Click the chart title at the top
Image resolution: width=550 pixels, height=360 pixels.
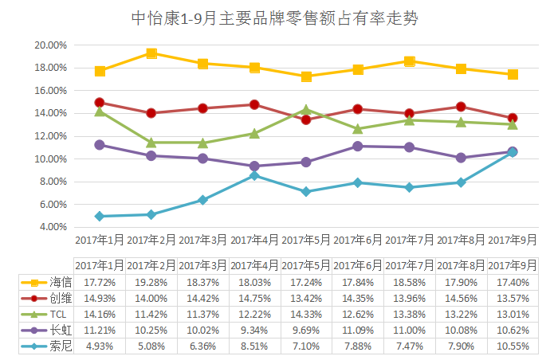tap(274, 17)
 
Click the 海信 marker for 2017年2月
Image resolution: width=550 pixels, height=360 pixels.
tap(151, 53)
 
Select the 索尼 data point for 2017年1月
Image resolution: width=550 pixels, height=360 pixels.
tap(100, 216)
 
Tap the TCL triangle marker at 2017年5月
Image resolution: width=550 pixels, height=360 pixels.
tap(306, 109)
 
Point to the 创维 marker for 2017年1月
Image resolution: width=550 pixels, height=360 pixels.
tap(100, 103)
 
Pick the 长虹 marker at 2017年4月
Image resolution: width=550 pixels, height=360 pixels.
tap(254, 166)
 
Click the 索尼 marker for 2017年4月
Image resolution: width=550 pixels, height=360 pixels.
tap(254, 175)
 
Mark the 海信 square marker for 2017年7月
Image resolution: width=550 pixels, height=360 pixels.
tap(410, 61)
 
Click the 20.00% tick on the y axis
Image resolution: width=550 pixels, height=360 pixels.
tap(50, 45)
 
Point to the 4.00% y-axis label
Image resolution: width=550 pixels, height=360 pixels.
tap(53, 227)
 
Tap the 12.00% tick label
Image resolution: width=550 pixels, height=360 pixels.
tap(50, 136)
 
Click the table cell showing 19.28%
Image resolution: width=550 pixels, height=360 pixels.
tap(151, 282)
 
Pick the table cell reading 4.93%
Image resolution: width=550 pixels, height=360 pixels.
tap(100, 346)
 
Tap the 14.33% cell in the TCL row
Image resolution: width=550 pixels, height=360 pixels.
tap(306, 314)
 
